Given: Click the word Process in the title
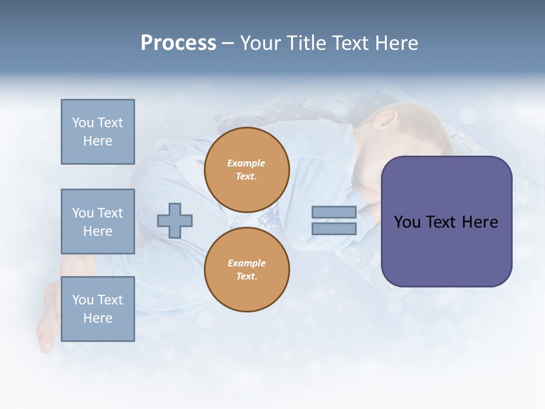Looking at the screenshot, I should [178, 43].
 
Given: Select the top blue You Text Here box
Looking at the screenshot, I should [98, 132].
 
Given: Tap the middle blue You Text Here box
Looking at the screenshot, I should [98, 222].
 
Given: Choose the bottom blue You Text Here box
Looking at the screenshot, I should [98, 309].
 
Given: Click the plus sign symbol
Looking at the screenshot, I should [175, 221].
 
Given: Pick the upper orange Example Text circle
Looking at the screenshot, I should [247, 170].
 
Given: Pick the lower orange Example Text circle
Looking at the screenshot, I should [247, 270].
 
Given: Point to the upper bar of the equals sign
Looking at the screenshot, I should [334, 212].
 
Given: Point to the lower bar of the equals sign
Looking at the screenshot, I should [334, 229].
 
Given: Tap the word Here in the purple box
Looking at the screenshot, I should [480, 222].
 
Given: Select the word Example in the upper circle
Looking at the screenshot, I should [246, 164].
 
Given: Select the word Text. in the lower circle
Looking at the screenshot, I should [247, 277].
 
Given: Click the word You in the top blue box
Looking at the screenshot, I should [83, 123].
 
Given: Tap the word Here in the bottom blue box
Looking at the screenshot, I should [98, 318].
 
